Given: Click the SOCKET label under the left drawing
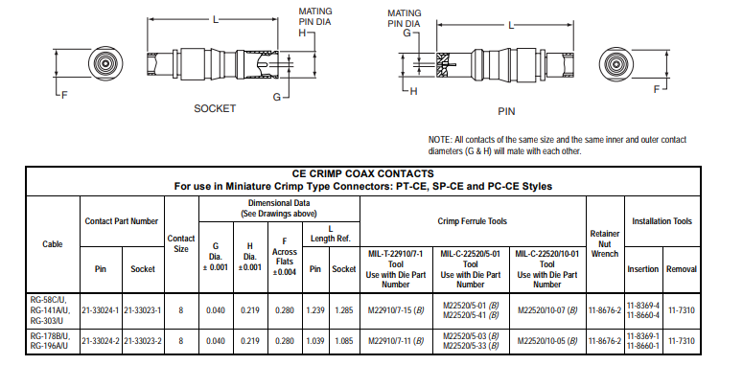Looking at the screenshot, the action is click(x=215, y=108).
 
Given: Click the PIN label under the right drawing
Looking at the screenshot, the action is click(x=506, y=111).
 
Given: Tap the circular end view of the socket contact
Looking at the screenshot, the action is click(x=105, y=63).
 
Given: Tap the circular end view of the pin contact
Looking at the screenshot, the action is click(x=616, y=63).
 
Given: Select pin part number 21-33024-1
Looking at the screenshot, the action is click(x=101, y=310).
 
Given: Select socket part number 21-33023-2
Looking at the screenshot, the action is click(x=143, y=341).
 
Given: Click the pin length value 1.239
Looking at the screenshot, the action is click(x=315, y=310).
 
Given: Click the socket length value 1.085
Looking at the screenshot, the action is click(x=343, y=341).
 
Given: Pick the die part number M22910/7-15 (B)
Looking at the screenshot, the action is click(x=396, y=310).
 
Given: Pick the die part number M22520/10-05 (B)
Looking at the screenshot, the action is click(x=547, y=341).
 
